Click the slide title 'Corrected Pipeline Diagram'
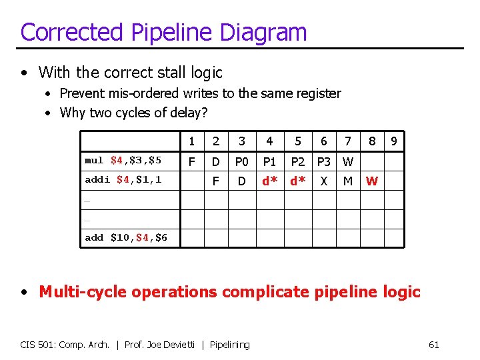pos(163,32)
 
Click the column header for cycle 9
pos(394,141)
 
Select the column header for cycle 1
pos(192,141)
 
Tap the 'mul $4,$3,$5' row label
pos(123,161)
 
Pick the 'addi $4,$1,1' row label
pos(123,179)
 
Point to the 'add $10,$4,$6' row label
pos(126,238)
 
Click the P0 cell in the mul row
pos(242,161)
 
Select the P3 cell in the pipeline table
pos(324,161)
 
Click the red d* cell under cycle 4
pos(269,180)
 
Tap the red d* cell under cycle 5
pos(297,180)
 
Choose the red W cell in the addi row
pos(372,180)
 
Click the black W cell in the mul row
pos(347,161)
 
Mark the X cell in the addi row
pos(324,180)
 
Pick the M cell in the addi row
pos(347,180)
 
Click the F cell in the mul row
pos(192,161)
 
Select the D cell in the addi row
pos(242,180)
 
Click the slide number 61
pos(433,345)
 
